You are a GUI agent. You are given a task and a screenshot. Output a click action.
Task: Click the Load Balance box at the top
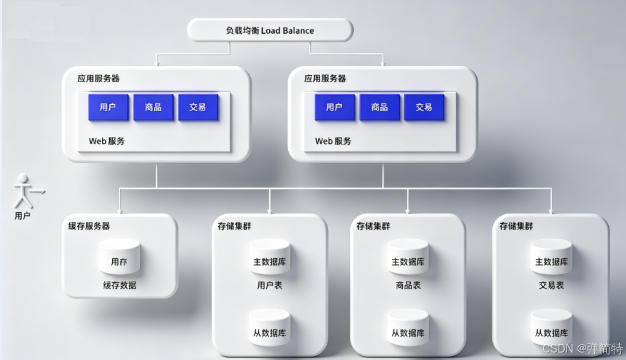point(270,30)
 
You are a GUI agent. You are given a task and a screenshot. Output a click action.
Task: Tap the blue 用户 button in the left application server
point(108,107)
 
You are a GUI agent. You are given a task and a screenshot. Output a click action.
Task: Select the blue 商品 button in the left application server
point(153,107)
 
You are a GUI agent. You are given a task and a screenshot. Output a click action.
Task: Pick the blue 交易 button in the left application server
point(197,107)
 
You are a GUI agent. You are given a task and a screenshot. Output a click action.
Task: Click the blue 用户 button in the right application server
point(334,107)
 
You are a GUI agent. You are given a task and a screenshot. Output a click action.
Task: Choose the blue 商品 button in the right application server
point(380,107)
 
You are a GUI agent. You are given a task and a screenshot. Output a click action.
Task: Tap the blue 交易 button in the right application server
point(424,107)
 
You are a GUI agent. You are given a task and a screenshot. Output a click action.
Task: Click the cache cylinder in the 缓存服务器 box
point(120,257)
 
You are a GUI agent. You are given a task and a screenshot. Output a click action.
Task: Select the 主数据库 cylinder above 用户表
point(270,257)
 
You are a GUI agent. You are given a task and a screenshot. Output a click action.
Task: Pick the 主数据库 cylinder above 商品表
point(408,257)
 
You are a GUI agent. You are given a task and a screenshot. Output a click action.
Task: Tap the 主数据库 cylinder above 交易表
point(551,257)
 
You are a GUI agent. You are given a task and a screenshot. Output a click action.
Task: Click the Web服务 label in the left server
point(107,141)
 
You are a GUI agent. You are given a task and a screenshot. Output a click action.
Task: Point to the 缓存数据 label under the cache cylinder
point(120,285)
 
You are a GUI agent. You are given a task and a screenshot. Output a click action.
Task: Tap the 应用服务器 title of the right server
point(325,79)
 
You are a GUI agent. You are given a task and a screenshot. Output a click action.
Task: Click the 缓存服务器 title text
point(89,226)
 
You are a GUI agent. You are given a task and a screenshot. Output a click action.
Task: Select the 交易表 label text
point(551,285)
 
